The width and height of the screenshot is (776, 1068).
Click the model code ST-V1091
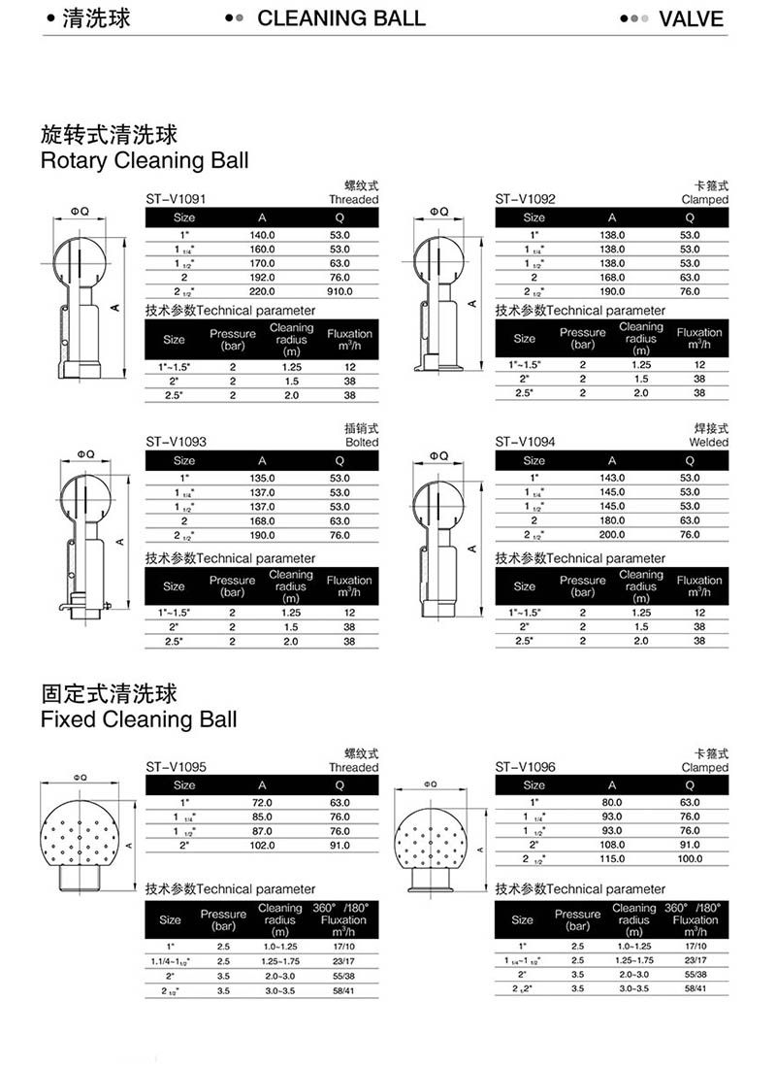[176, 199]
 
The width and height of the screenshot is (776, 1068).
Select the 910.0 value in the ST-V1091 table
[339, 291]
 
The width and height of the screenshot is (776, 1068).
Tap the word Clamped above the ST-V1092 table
[704, 200]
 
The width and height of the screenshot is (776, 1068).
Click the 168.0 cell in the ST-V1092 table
[612, 278]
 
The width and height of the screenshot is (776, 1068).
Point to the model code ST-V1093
[176, 442]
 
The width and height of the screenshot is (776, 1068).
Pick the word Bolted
[362, 442]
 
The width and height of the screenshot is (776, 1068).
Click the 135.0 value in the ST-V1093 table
[262, 478]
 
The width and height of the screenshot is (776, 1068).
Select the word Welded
[709, 442]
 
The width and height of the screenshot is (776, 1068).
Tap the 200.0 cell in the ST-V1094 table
[612, 535]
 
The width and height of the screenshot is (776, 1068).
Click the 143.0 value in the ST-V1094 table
[612, 478]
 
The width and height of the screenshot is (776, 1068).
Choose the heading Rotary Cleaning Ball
[145, 161]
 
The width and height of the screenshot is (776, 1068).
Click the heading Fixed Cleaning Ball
[139, 719]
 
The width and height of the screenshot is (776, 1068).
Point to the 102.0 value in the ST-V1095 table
[262, 846]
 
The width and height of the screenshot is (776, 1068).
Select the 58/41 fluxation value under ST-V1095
[343, 990]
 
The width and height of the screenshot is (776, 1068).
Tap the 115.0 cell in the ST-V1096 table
[612, 859]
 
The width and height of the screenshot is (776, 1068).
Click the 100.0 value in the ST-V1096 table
[690, 859]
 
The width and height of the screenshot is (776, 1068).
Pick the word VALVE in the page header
[691, 18]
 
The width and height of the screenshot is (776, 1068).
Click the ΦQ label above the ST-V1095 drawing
[80, 777]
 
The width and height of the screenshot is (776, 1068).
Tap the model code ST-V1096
[526, 767]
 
